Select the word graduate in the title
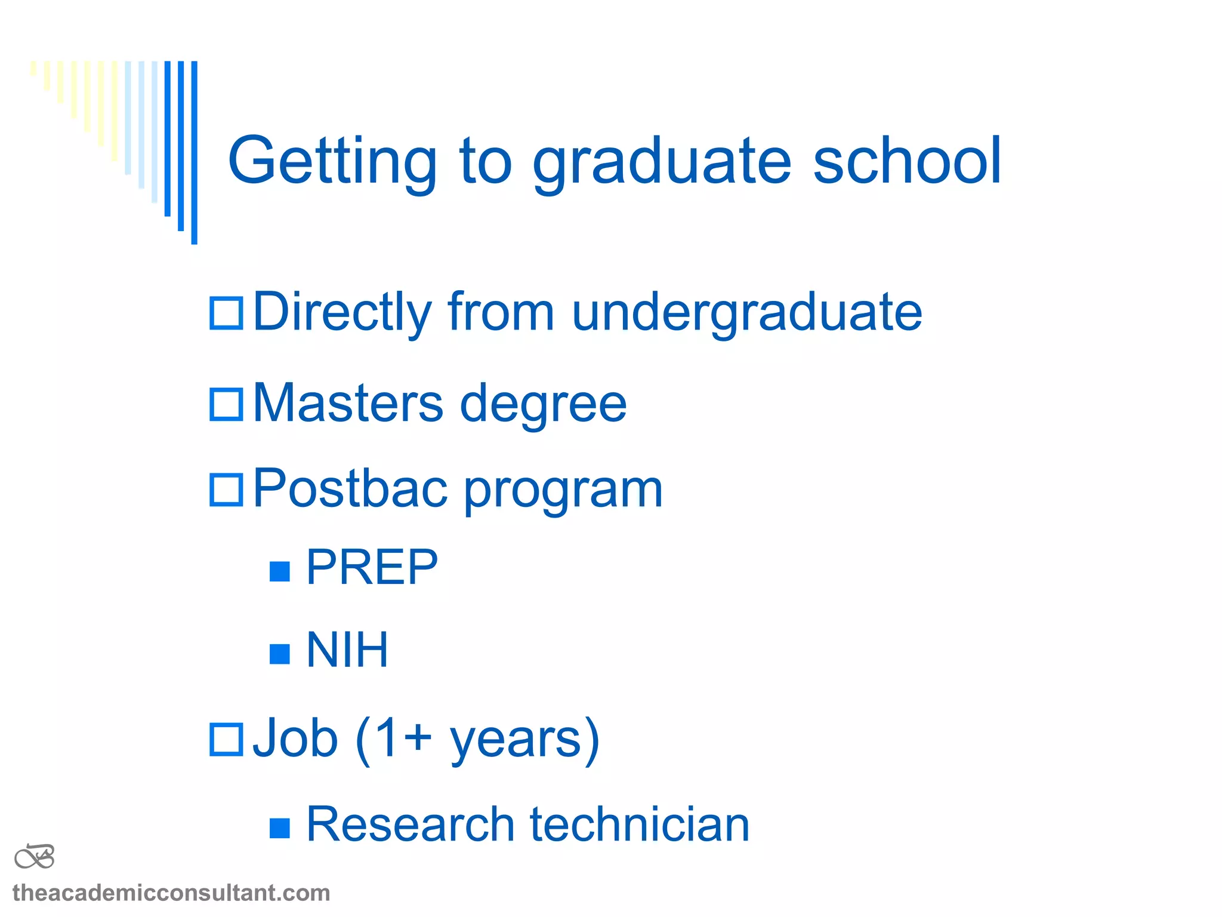[662, 161]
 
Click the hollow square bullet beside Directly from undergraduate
[226, 313]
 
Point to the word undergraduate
[746, 313]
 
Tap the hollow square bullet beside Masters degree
[226, 404]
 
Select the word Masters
[348, 404]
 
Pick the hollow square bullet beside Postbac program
[226, 490]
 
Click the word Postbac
[350, 490]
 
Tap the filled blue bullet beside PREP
[279, 571]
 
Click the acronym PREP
[372, 568]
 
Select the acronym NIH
[347, 650]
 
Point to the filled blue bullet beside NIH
[279, 654]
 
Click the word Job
[295, 739]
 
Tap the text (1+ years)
[477, 740]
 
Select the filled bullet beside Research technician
[279, 828]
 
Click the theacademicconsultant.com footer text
[171, 893]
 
